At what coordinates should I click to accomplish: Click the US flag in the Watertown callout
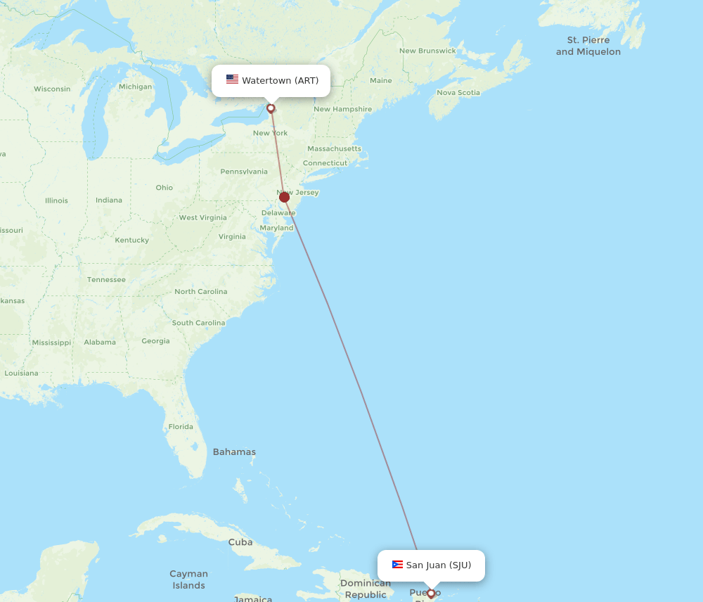coord(232,79)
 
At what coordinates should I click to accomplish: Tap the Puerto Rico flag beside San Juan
coord(397,565)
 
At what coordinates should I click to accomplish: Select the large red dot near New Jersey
coord(284,197)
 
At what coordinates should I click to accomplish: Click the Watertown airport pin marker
coord(271,108)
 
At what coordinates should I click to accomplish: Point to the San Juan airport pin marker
coord(431,594)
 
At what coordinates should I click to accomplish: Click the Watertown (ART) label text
coord(280,80)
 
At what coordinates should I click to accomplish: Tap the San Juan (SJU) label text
coord(439,565)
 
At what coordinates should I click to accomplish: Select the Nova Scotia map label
coord(458,92)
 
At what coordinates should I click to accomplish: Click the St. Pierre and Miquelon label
coord(588,46)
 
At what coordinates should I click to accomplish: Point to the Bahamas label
coord(234,451)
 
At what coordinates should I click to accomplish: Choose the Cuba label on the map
coord(240,542)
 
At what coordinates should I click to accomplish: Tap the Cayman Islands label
coord(188,579)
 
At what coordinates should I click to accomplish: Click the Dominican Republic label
coord(366,589)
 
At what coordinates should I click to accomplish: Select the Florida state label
coord(181,426)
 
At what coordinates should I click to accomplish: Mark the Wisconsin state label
coord(52,89)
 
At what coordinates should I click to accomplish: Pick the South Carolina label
coord(198,323)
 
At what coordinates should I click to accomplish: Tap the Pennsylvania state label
coord(243,171)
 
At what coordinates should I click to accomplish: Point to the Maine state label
coord(380,80)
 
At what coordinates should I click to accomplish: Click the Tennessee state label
coord(106,279)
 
